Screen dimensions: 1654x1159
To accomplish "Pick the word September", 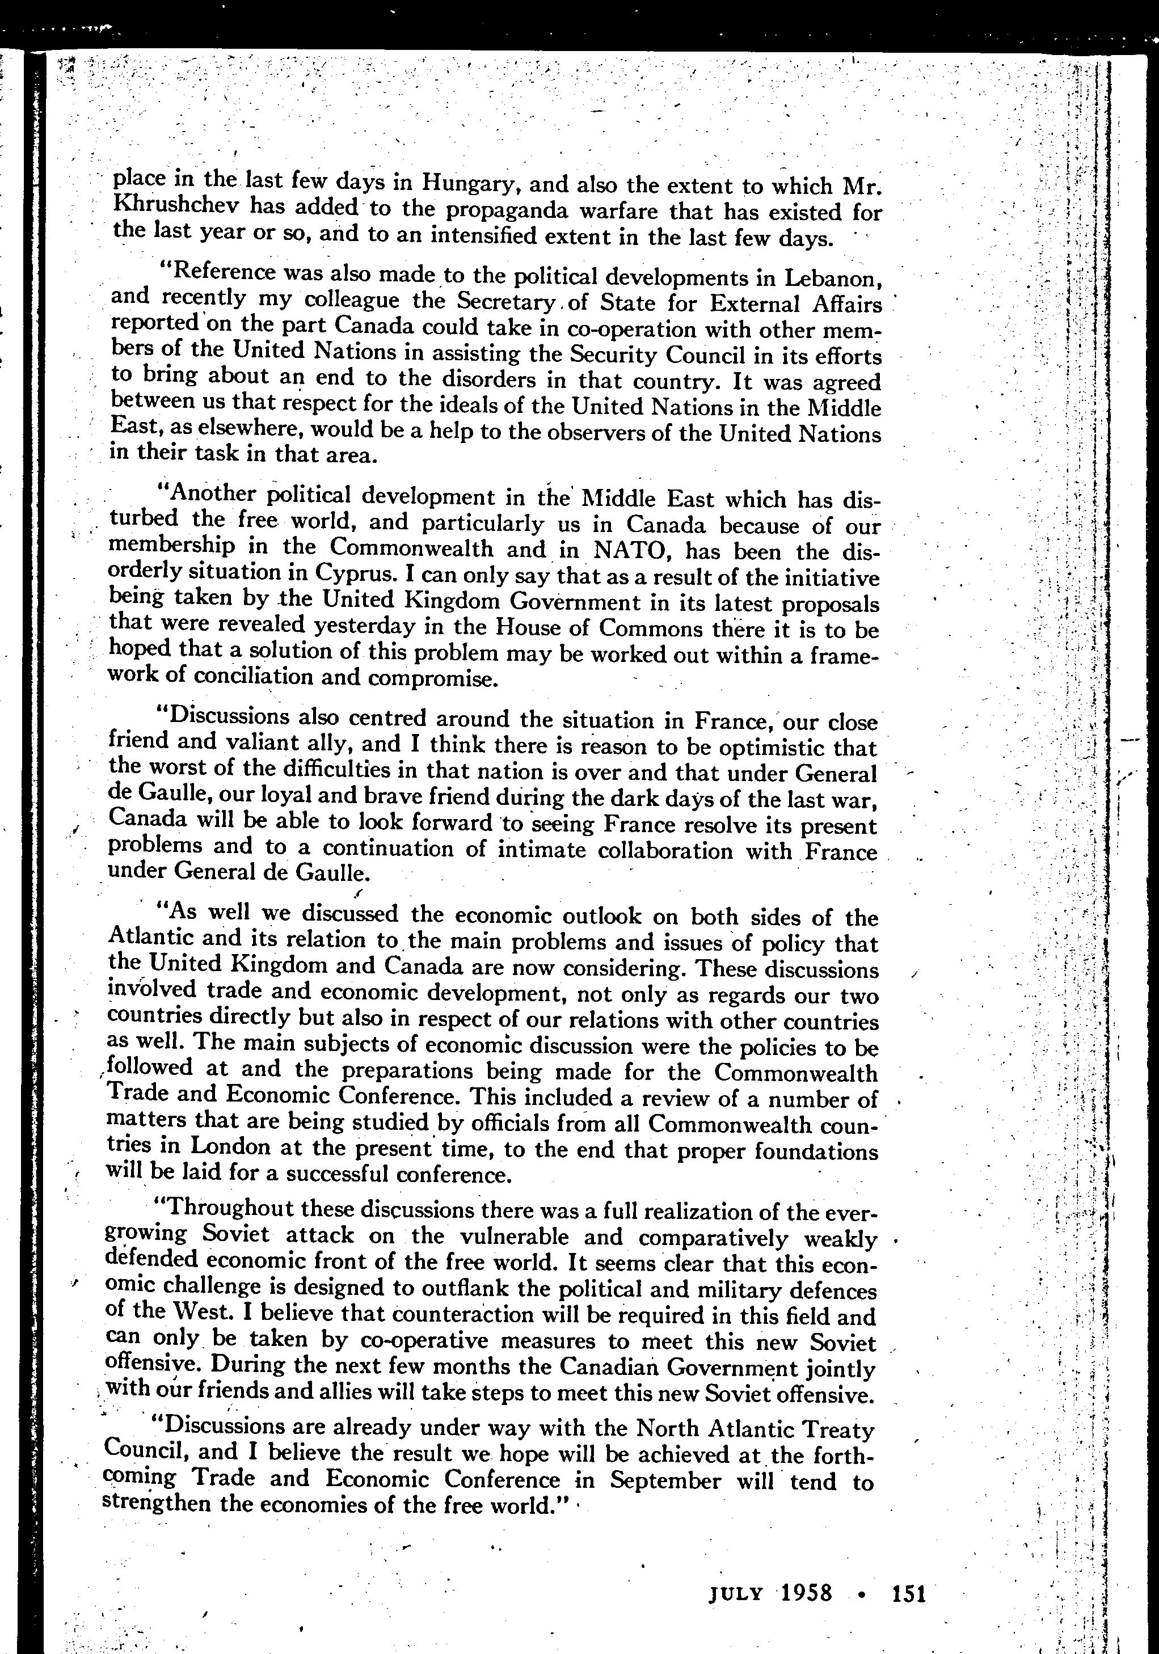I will [x=665, y=1480].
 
